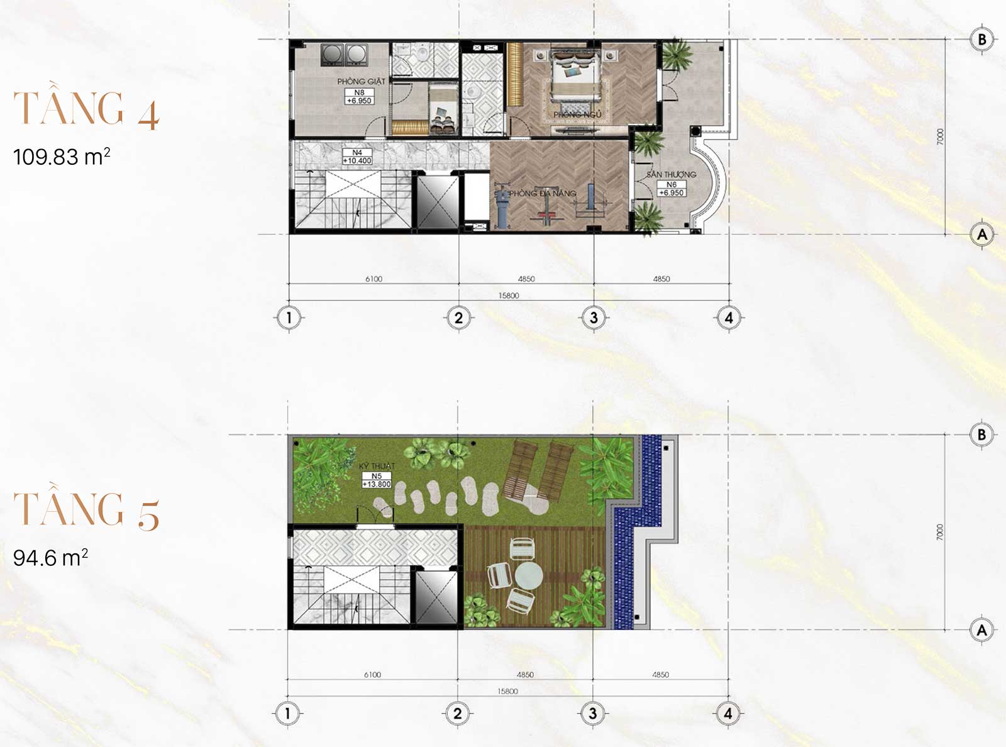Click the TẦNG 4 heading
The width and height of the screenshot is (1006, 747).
86,109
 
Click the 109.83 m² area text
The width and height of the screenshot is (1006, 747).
62,157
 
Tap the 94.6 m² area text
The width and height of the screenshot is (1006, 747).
50,558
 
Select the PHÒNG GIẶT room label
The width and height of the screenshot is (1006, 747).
361,81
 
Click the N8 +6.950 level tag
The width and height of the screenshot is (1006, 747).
359,96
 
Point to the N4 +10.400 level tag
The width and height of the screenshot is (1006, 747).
357,157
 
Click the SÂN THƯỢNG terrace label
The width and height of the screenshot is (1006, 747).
672,174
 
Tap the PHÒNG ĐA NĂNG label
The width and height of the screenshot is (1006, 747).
542,194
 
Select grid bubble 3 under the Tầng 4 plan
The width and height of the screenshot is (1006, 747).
594,318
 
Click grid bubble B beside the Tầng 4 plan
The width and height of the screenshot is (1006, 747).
982,40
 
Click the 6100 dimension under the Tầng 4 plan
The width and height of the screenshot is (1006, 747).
373,279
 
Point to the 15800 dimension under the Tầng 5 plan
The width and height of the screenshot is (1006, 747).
507,691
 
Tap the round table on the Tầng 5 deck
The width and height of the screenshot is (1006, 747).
529,575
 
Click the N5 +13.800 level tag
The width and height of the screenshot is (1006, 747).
377,480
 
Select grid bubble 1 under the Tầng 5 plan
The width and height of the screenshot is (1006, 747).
288,713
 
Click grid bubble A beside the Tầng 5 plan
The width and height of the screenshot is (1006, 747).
982,629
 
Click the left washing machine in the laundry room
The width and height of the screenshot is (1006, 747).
333,55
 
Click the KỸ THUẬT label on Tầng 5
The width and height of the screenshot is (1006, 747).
377,466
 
